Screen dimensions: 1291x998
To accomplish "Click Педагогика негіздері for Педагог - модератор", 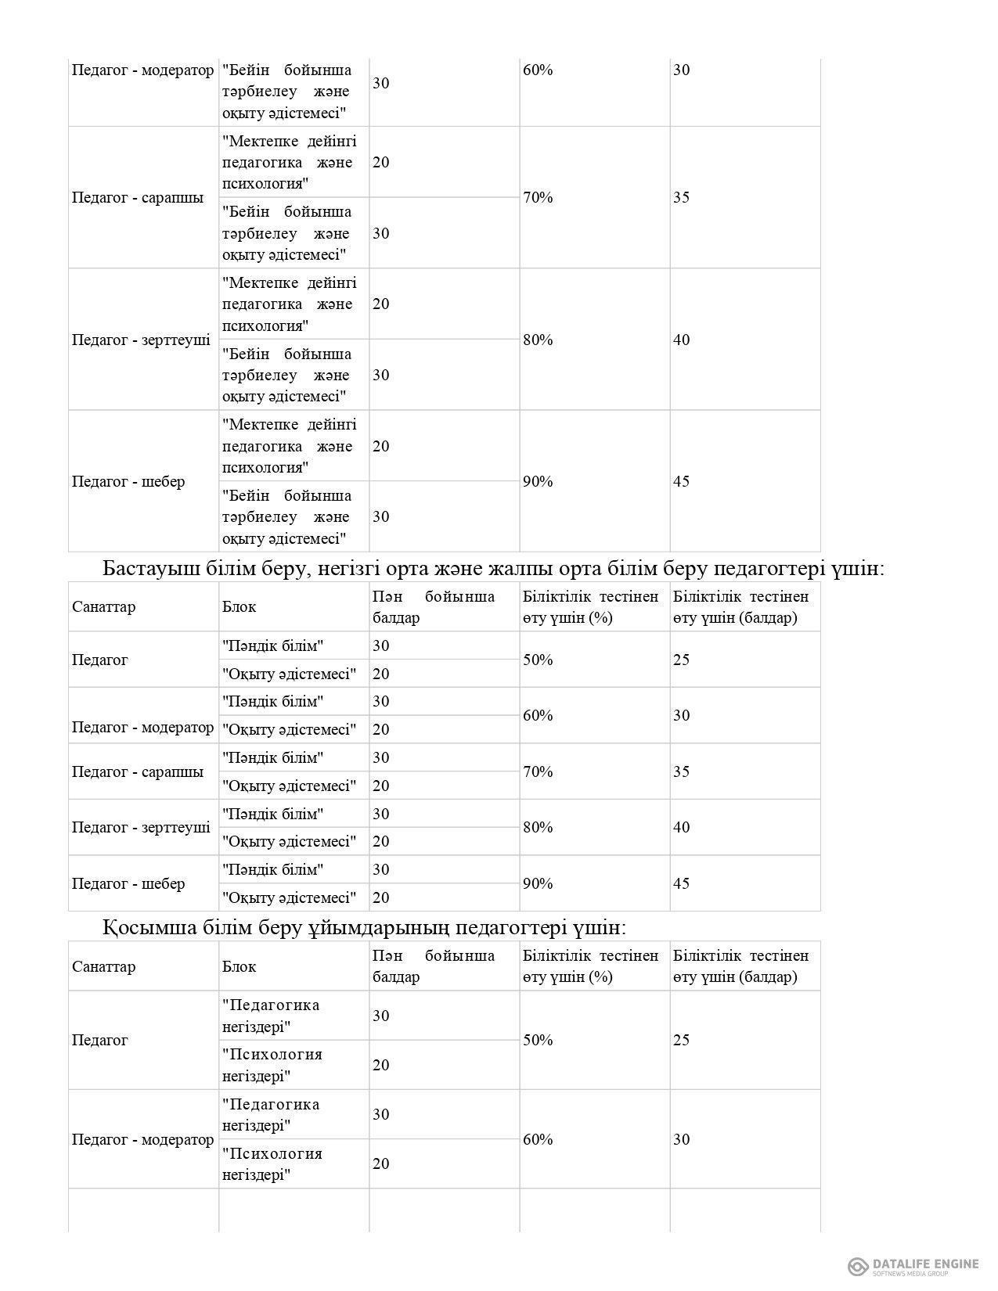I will [x=271, y=1114].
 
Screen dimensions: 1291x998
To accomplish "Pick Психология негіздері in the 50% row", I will [x=272, y=1065].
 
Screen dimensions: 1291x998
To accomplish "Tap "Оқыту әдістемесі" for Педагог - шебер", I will [x=289, y=897].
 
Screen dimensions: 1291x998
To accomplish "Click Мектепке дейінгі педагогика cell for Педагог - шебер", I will [x=289, y=446].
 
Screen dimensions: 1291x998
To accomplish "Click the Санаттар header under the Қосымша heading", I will [x=104, y=966].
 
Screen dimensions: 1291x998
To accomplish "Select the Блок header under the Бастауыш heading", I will [x=239, y=607].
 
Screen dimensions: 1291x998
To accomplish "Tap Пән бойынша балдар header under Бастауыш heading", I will [x=434, y=607].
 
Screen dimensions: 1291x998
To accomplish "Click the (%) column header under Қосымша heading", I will [x=591, y=966].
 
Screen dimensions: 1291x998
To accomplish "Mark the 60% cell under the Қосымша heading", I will [x=538, y=1139].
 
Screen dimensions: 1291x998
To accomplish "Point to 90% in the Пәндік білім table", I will [x=538, y=883].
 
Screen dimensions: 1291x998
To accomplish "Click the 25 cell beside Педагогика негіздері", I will [x=682, y=1040].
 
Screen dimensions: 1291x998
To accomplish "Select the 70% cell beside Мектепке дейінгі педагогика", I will [x=538, y=197].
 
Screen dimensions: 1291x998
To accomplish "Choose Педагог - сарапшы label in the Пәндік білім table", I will [x=138, y=771].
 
